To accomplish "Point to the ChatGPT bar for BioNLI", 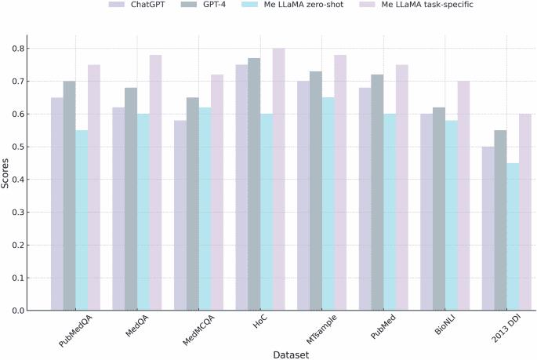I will tap(426, 213).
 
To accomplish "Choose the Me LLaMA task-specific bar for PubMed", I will tap(401, 187).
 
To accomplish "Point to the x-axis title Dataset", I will tap(290, 355).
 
